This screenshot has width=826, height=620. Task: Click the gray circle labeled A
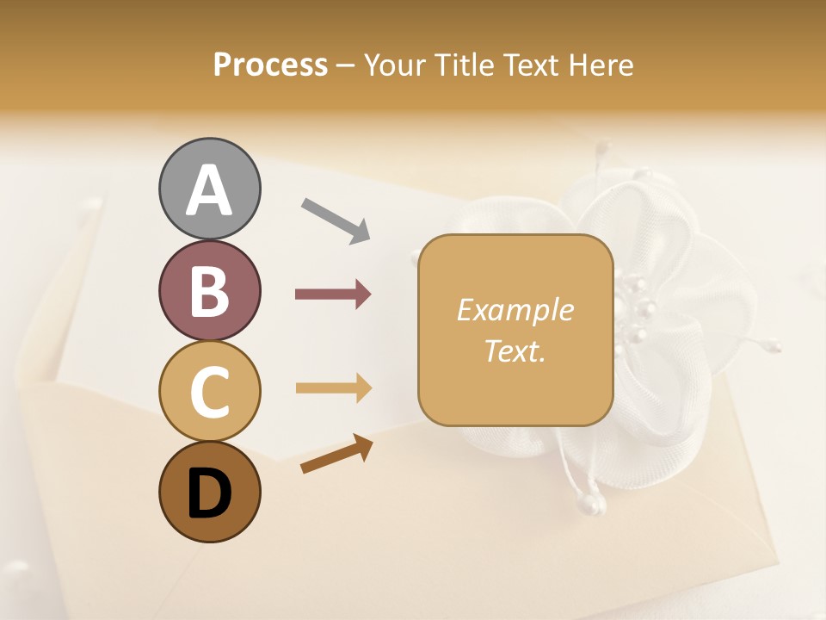209,189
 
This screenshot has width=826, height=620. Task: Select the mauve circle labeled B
209,290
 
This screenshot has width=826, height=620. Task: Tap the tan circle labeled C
209,391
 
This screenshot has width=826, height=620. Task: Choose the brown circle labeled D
209,492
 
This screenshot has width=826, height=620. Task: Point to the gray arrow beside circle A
335,219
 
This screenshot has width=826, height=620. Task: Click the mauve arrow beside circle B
332,294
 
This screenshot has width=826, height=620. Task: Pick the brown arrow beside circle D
336,456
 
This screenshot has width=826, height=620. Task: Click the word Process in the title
270,65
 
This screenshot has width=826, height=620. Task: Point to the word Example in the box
515,310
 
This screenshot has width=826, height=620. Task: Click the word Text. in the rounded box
515,350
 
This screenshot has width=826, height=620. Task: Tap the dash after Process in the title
346,65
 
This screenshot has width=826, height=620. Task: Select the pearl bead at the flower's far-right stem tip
775,347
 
